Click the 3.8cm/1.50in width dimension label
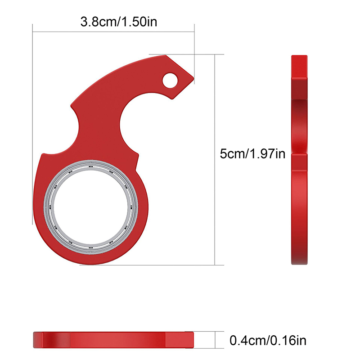119,22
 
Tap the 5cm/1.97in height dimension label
252,153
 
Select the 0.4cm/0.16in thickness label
268,340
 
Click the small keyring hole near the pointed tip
170,81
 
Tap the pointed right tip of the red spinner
193,78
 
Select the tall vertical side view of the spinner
299,160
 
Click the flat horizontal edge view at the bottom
113,340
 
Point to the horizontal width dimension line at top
113,31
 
